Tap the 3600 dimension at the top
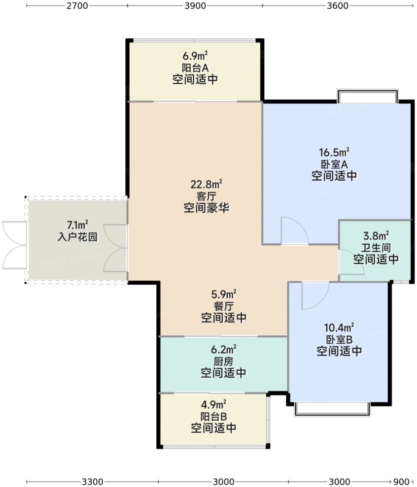click(337, 6)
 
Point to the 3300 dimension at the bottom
click(92, 481)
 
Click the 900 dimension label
click(401, 481)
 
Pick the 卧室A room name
click(334, 164)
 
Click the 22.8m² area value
click(207, 185)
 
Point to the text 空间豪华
click(206, 207)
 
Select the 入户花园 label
click(77, 237)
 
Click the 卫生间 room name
click(376, 248)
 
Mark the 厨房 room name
click(223, 361)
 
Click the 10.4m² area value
click(340, 328)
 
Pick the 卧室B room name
click(340, 339)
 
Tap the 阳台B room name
click(213, 416)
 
